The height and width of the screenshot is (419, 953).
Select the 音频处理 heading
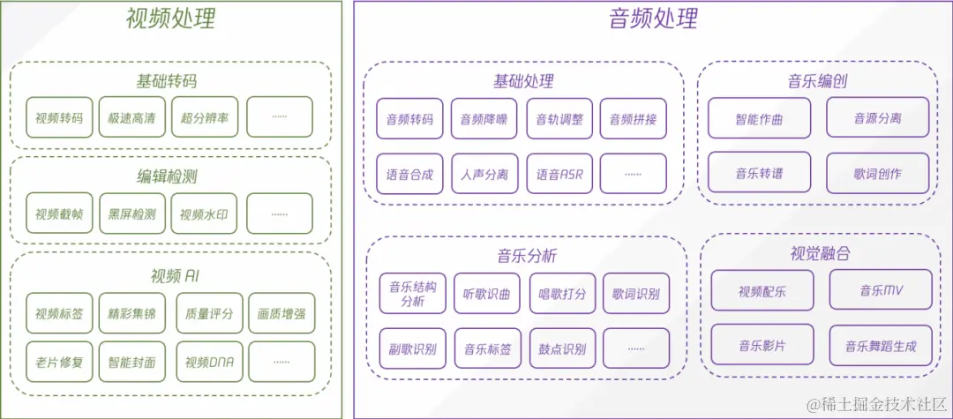(x=654, y=19)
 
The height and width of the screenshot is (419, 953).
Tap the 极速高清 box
(x=131, y=117)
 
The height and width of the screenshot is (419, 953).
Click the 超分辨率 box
(x=205, y=117)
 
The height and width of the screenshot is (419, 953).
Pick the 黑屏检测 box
(x=131, y=213)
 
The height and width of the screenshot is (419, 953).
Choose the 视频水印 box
(x=205, y=213)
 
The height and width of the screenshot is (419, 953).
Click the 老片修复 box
(x=59, y=362)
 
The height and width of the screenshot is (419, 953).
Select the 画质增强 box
(x=281, y=313)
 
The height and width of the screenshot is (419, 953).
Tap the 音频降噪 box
(x=484, y=119)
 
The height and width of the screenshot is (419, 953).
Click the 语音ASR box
(x=559, y=174)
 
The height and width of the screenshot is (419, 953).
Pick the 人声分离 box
(x=484, y=174)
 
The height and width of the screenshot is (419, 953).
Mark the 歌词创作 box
(x=877, y=174)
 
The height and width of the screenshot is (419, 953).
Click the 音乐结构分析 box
(x=412, y=293)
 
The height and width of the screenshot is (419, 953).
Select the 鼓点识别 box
(x=562, y=348)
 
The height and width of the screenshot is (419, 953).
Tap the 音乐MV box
(x=881, y=289)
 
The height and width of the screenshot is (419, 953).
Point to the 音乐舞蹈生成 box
(x=881, y=346)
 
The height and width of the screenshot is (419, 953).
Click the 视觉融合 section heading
(x=820, y=254)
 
